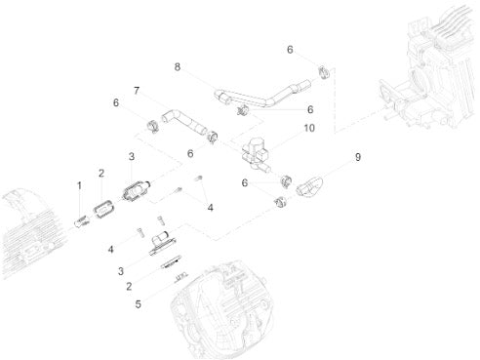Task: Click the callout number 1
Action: pyautogui.click(x=79, y=186)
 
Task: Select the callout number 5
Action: pyautogui.click(x=139, y=304)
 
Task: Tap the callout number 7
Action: pyautogui.click(x=137, y=91)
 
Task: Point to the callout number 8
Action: pyautogui.click(x=178, y=67)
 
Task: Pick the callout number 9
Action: pyautogui.click(x=358, y=157)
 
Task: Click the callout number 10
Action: pyautogui.click(x=309, y=128)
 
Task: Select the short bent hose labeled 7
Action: pyautogui.click(x=183, y=122)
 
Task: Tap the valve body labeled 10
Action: pyautogui.click(x=257, y=153)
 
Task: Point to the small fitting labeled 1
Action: pyautogui.click(x=82, y=222)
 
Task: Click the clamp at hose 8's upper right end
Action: pyautogui.click(x=324, y=72)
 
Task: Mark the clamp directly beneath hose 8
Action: pyautogui.click(x=242, y=111)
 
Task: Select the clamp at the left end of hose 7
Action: pyautogui.click(x=152, y=126)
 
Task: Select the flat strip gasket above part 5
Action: pyautogui.click(x=171, y=261)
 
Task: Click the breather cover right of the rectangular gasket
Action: pyautogui.click(x=136, y=190)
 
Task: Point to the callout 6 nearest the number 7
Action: pyautogui.click(x=116, y=102)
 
